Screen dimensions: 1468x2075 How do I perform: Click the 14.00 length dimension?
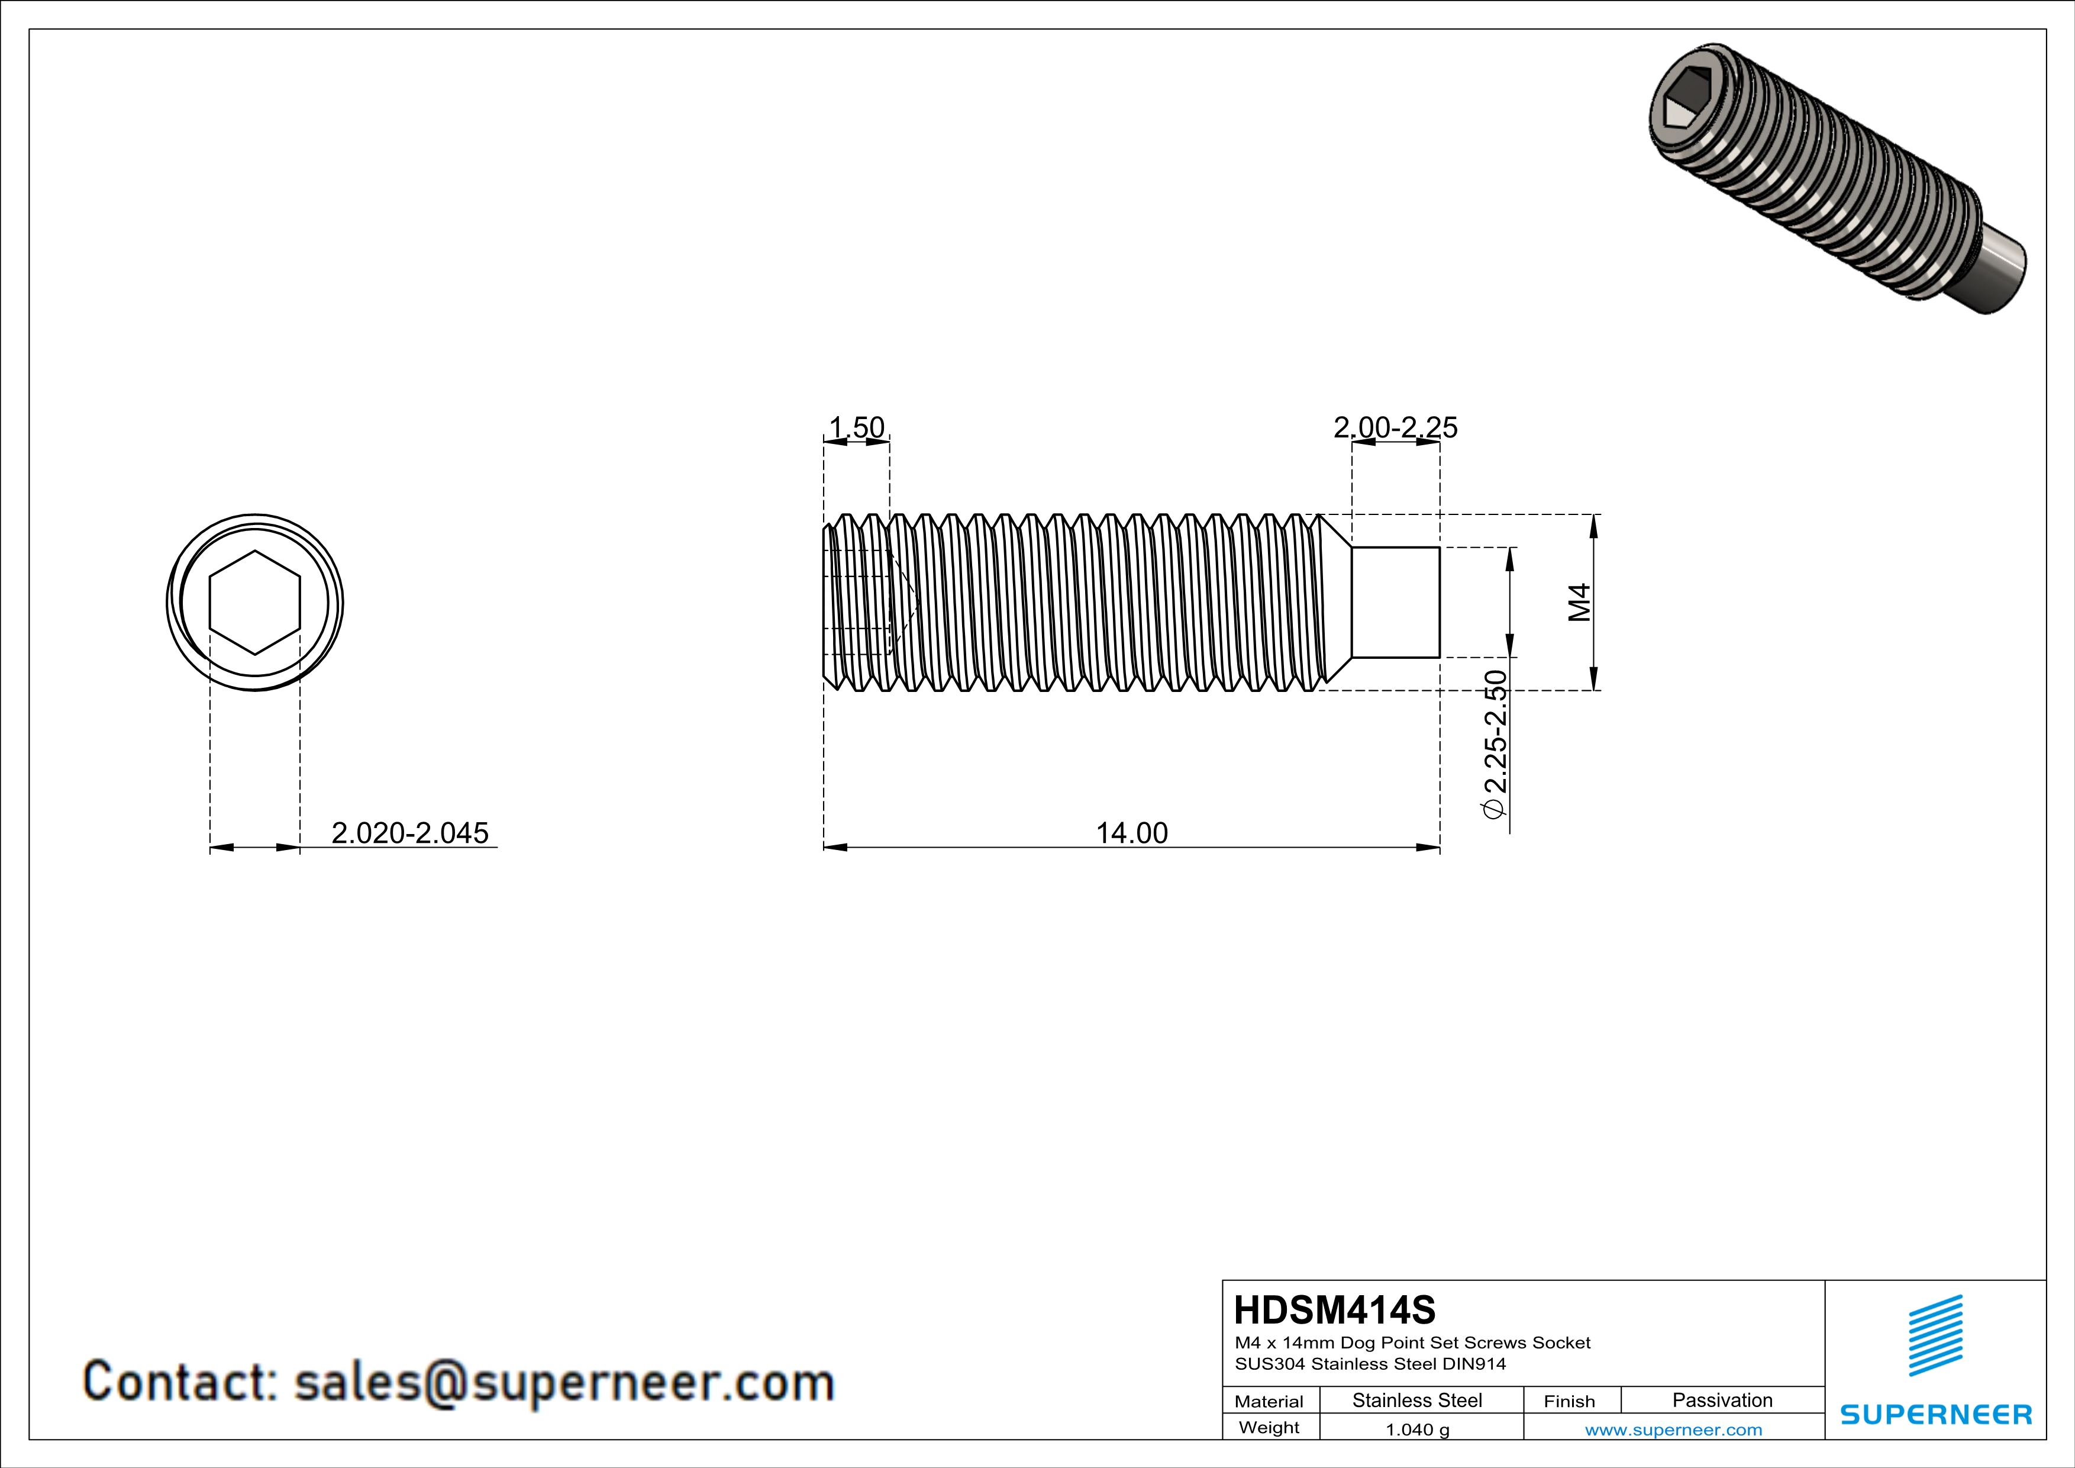click(1131, 832)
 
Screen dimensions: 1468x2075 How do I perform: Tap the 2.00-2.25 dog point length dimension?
click(1395, 427)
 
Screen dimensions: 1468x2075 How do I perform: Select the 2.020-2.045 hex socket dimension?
click(409, 832)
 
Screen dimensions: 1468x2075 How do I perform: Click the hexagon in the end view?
click(255, 602)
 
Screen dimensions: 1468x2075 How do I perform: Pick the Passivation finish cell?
click(1722, 1400)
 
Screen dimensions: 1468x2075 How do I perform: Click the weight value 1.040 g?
click(1417, 1429)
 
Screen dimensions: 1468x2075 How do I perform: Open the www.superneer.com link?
click(1673, 1429)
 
